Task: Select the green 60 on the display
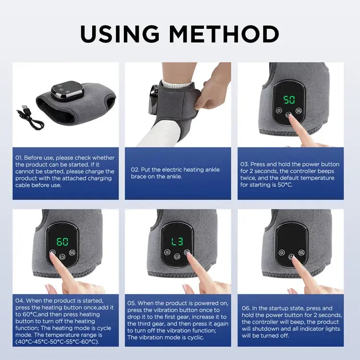tap(63, 241)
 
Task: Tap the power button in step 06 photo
tap(291, 256)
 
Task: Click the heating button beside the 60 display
tap(73, 253)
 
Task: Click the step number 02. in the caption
tap(135, 169)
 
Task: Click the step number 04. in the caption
tap(19, 301)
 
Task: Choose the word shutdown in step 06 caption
tap(263, 329)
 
